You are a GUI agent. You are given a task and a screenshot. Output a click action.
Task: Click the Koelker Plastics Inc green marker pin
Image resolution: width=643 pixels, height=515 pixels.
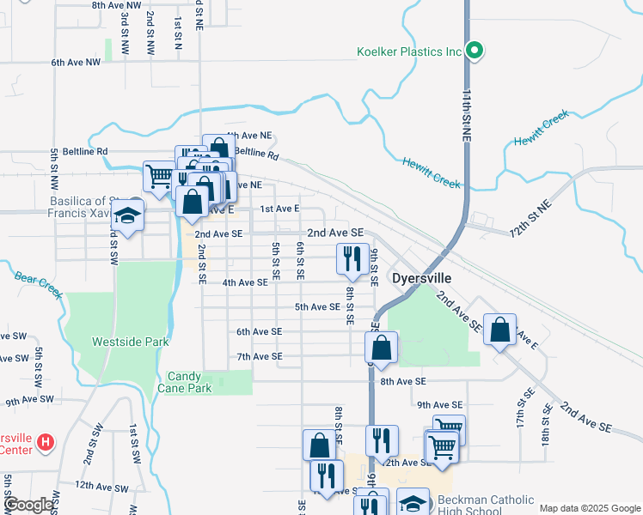click(x=474, y=51)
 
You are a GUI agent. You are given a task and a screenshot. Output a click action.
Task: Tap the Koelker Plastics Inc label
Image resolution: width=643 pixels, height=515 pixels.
click(x=410, y=51)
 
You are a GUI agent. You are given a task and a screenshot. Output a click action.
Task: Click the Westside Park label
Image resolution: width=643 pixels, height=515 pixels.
click(x=131, y=342)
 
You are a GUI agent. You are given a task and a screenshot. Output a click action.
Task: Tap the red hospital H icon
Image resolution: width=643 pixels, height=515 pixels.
click(x=46, y=444)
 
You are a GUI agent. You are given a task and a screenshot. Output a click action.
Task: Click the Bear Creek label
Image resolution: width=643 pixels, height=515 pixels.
click(x=40, y=286)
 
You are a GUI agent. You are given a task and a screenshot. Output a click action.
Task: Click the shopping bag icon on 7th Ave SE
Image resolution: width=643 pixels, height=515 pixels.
click(x=381, y=348)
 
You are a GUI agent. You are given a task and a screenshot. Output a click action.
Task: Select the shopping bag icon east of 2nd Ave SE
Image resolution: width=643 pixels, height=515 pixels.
click(x=499, y=330)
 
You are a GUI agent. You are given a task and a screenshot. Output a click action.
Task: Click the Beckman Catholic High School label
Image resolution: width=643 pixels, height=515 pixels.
click(x=486, y=506)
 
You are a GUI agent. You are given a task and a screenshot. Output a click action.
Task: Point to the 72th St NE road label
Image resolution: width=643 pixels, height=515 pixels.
click(x=531, y=220)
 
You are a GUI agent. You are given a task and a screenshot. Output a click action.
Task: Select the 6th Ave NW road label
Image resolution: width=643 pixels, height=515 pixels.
click(x=76, y=63)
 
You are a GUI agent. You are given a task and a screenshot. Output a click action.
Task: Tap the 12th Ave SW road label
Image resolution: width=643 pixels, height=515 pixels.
click(x=101, y=485)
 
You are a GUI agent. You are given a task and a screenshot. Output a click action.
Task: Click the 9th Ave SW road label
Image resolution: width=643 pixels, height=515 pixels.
click(x=30, y=401)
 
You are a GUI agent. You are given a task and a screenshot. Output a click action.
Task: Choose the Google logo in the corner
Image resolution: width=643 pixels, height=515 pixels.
click(x=28, y=505)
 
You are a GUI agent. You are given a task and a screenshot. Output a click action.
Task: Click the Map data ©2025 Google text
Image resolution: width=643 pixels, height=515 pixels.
click(x=589, y=508)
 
